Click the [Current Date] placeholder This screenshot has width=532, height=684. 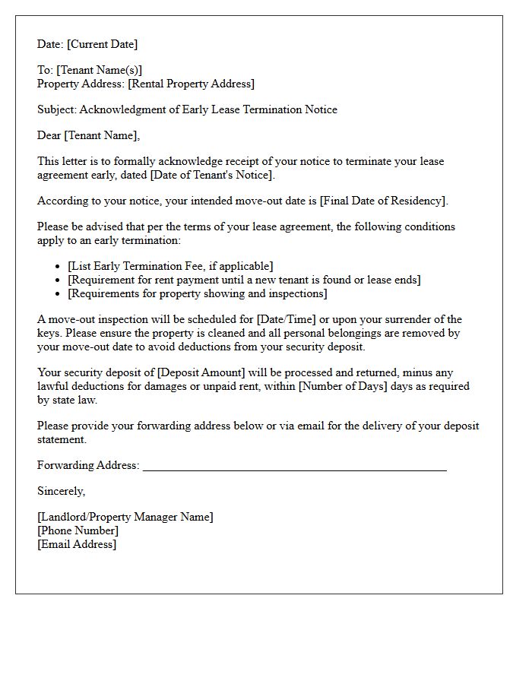[102, 44]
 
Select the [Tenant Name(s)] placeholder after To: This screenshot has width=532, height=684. [99, 70]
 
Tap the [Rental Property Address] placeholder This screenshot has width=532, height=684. [191, 84]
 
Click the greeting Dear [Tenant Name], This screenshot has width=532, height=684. [89, 135]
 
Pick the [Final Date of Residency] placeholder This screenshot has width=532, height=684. [384, 201]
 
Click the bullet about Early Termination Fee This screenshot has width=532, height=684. [170, 266]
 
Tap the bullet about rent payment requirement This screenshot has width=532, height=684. [244, 280]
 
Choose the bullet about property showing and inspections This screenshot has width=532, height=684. [198, 293]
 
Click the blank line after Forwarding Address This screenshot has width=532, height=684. [294, 466]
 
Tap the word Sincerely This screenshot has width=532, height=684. [61, 491]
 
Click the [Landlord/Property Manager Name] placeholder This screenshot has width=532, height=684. [125, 517]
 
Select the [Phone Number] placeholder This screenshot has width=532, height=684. [78, 530]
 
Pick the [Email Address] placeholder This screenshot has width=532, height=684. [77, 544]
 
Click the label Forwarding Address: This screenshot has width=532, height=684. [88, 465]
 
